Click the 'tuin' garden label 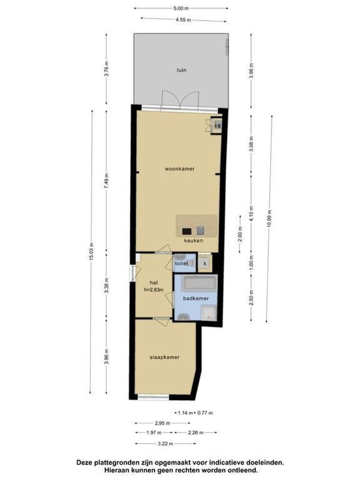point(181,70)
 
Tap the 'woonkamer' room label point(180,169)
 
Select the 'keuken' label point(193,240)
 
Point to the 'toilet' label point(181,263)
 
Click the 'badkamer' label point(196,298)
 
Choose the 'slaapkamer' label point(164,357)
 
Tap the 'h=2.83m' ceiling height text point(154,290)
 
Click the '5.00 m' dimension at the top point(180,8)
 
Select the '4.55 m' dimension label point(184,20)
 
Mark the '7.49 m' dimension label point(107,181)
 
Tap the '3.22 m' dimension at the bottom point(166,444)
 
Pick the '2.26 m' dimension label point(196,433)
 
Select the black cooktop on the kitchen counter point(187,232)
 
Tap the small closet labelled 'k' point(205,263)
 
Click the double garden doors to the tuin point(180,100)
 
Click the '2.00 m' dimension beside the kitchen point(240,234)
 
